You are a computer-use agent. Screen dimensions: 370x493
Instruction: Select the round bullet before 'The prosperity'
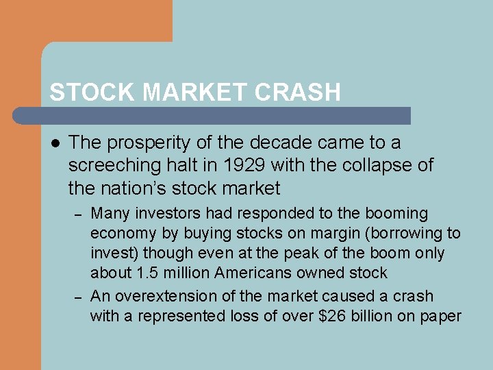point(55,143)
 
